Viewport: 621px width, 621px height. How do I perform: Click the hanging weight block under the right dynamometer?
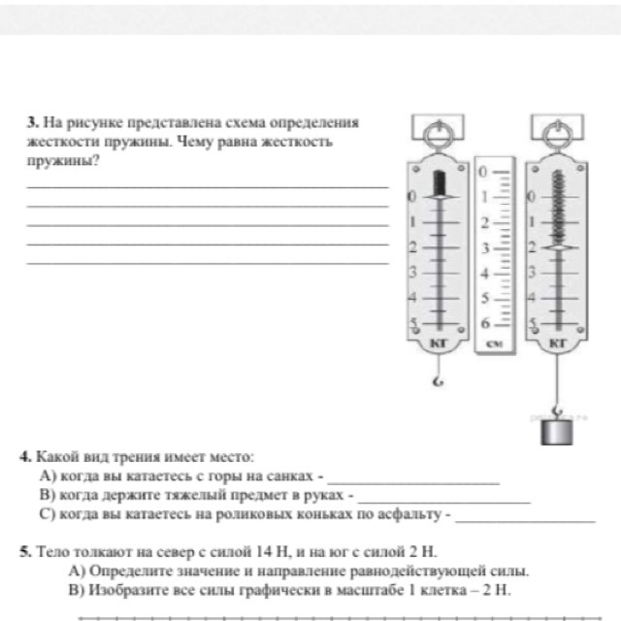[x=558, y=429]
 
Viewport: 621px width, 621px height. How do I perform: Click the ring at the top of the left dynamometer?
[x=438, y=129]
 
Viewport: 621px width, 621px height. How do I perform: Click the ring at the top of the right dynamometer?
[x=558, y=129]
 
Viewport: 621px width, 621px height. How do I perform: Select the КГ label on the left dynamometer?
[x=436, y=343]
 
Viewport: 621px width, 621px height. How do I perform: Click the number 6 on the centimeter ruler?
[x=482, y=325]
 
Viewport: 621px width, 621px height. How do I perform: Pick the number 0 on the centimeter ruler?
[x=482, y=172]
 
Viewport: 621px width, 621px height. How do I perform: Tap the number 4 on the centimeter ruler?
[x=482, y=274]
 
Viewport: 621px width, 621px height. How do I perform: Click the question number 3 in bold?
[x=32, y=124]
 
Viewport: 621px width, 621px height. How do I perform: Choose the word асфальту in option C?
[x=416, y=511]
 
